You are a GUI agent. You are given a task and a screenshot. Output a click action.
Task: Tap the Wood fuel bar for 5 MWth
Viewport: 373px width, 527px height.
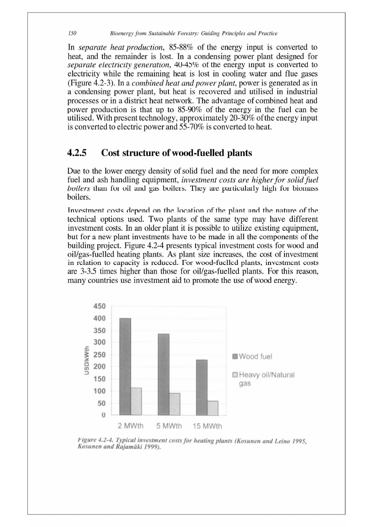164,375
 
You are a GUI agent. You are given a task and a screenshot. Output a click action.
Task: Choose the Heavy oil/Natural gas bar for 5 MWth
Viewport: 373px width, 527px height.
175,404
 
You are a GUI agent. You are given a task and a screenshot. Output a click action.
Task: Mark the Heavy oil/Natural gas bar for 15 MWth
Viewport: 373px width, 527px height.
213,408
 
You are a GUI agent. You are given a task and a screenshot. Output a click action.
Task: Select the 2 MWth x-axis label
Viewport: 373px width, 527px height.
131,426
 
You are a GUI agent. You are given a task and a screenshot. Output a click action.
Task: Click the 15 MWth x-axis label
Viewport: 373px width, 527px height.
208,426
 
